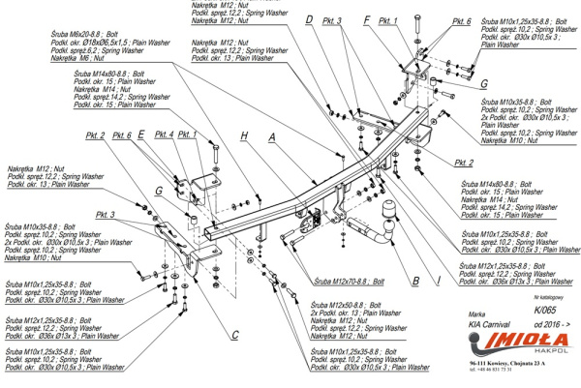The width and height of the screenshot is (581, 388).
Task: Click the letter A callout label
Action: click(x=273, y=137)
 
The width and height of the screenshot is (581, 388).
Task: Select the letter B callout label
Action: click(x=414, y=281)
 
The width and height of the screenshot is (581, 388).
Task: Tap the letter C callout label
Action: click(x=235, y=336)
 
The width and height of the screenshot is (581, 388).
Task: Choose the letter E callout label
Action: click(x=141, y=134)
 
